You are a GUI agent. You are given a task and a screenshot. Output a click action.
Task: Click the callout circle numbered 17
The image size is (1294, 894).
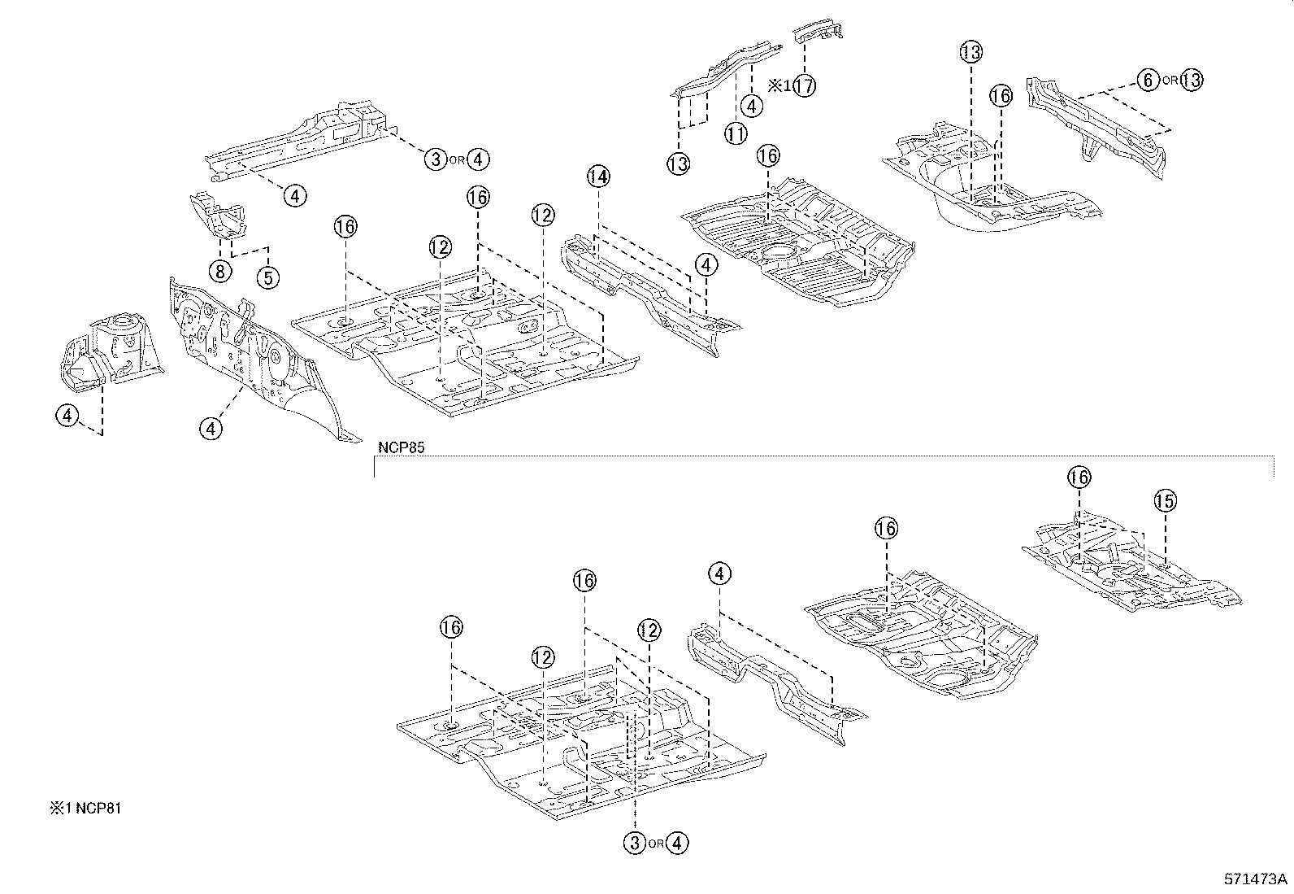pyautogui.click(x=804, y=85)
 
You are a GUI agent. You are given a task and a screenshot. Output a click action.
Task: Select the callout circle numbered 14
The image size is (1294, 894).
pyautogui.click(x=598, y=176)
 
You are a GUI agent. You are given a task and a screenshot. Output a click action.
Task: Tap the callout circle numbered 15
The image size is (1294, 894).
pyautogui.click(x=1165, y=500)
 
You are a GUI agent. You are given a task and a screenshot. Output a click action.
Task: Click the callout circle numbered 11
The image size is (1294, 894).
pyautogui.click(x=736, y=133)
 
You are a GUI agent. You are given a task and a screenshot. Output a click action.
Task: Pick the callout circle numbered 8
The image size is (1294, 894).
pyautogui.click(x=220, y=270)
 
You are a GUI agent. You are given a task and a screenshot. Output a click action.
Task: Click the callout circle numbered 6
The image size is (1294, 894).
pyautogui.click(x=1147, y=80)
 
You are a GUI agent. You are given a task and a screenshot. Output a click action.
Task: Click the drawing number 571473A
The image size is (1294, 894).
pyautogui.click(x=1256, y=879)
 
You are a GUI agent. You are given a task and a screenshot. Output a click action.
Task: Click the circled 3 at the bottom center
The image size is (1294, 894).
pyautogui.click(x=635, y=844)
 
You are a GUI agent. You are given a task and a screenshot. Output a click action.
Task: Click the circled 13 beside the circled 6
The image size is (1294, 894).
pyautogui.click(x=1191, y=80)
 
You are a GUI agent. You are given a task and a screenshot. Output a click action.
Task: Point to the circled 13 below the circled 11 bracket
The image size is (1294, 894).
pyautogui.click(x=678, y=164)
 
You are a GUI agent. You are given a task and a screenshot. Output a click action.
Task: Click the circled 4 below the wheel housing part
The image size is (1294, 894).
pyautogui.click(x=67, y=416)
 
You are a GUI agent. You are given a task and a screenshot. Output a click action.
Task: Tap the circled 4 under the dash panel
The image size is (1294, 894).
pyautogui.click(x=211, y=427)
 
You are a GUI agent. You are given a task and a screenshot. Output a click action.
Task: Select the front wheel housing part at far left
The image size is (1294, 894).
pyautogui.click(x=111, y=350)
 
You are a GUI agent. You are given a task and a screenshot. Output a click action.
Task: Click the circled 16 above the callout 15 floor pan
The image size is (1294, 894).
pyautogui.click(x=1079, y=478)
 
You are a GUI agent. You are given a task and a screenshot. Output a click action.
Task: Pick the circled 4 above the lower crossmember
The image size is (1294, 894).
pyautogui.click(x=719, y=574)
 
